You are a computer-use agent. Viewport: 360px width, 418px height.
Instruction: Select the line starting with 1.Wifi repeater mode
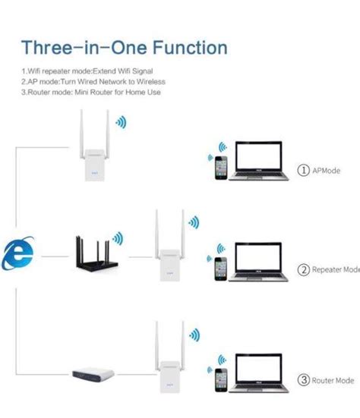pyautogui.click(x=87, y=71)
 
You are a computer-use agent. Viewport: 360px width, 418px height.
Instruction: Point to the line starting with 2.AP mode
pyautogui.click(x=93, y=81)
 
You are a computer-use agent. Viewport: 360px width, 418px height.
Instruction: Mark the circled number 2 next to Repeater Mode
pyautogui.click(x=305, y=269)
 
